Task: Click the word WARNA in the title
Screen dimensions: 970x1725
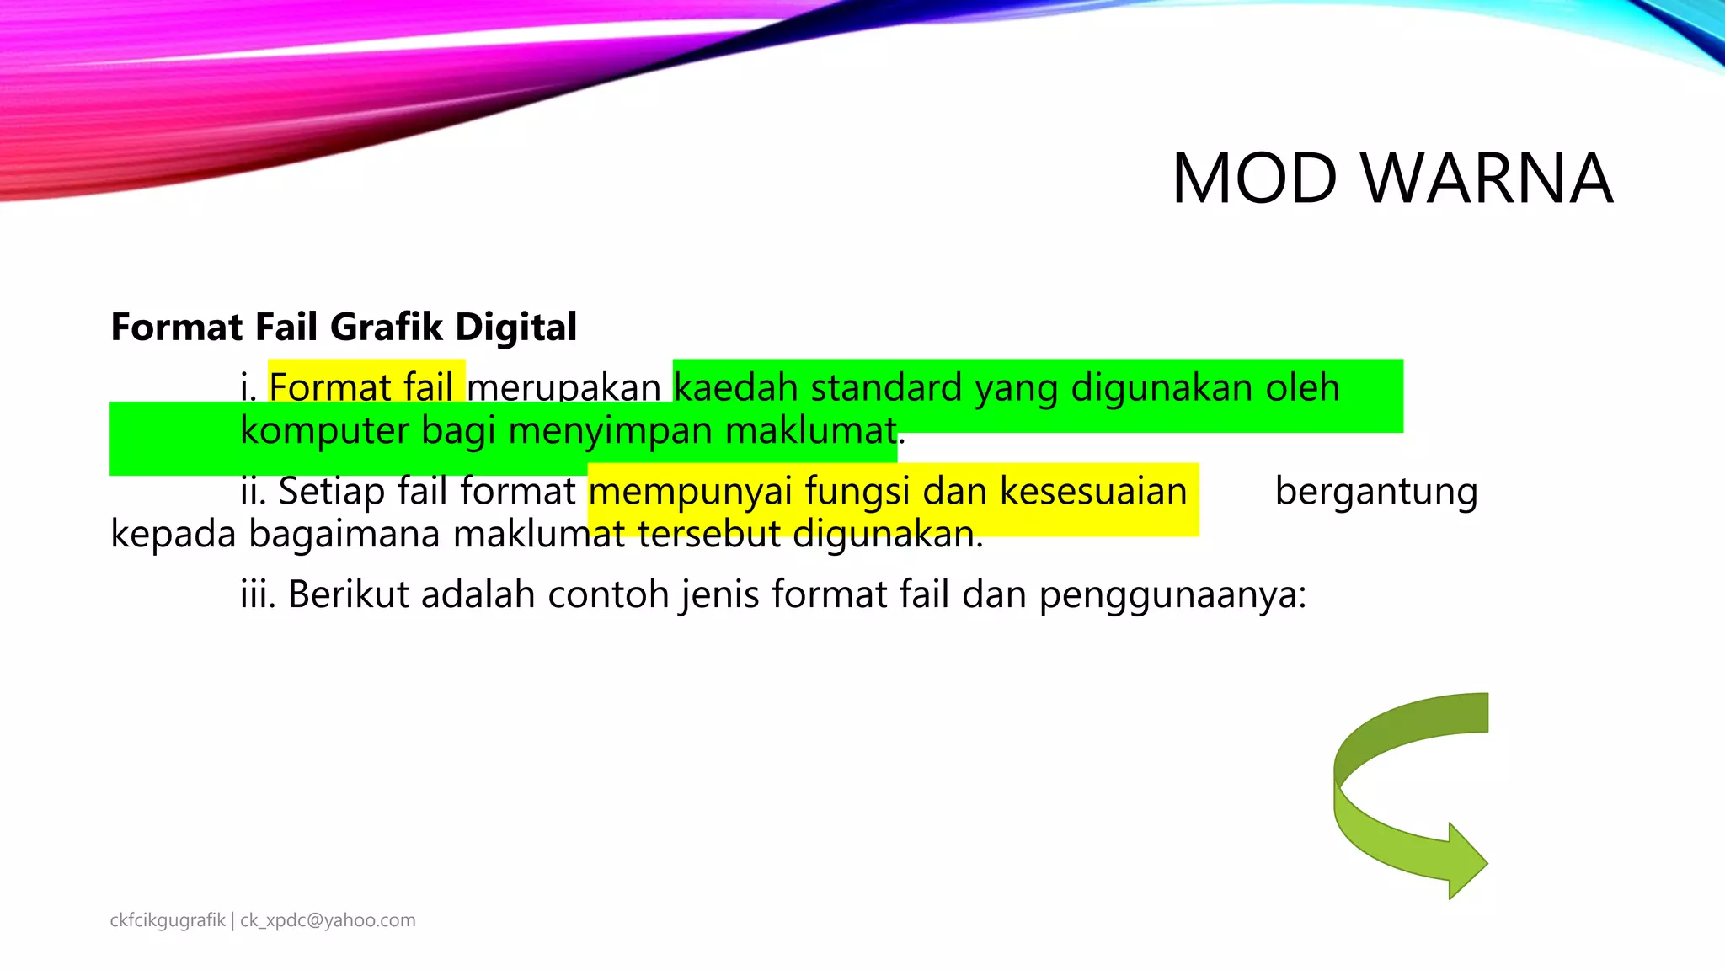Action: tap(1487, 179)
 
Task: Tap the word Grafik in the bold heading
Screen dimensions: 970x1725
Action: tap(386, 327)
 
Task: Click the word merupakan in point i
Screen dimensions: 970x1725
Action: tap(563, 388)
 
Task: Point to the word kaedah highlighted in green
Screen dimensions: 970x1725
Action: tap(735, 388)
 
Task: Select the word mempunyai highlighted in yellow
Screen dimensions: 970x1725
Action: tap(691, 492)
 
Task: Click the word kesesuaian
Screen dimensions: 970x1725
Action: tap(1093, 492)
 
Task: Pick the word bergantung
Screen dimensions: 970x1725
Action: tap(1376, 492)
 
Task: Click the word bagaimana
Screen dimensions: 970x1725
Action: tap(344, 534)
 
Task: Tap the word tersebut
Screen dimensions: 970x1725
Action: tap(709, 534)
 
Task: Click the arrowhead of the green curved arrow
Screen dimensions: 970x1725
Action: tap(1466, 861)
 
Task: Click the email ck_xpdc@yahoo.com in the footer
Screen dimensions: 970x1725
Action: tap(328, 920)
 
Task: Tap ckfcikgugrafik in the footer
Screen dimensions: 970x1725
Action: tap(168, 920)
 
